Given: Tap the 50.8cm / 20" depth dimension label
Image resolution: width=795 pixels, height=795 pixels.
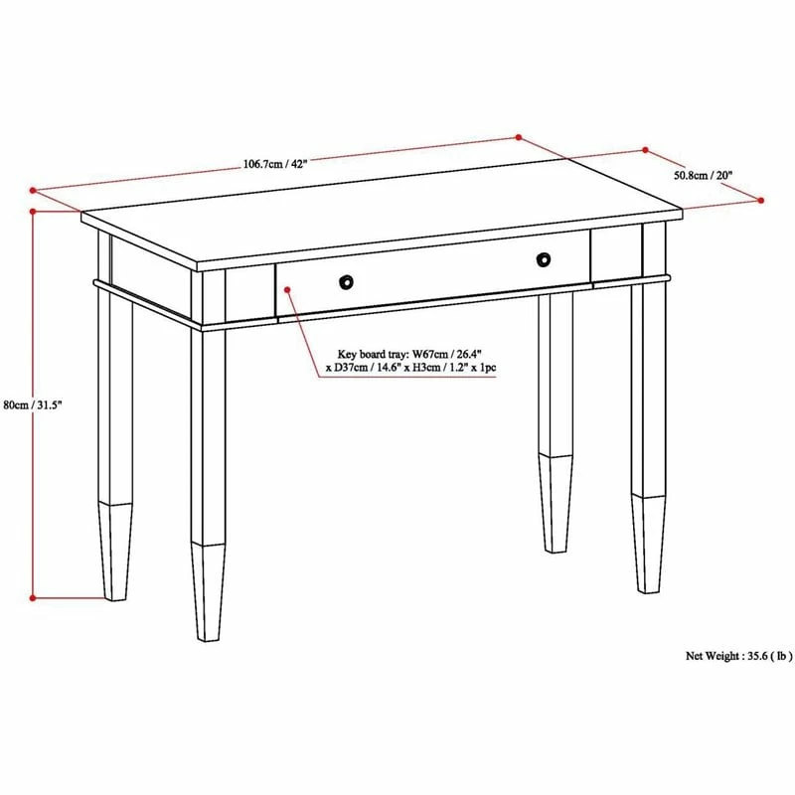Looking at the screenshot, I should pyautogui.click(x=703, y=176).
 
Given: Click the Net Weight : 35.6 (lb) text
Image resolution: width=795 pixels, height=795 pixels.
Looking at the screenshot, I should pyautogui.click(x=738, y=656).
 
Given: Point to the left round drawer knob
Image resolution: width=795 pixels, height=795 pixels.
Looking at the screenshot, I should pyautogui.click(x=345, y=281).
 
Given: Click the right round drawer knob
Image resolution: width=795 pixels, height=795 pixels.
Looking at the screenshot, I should pyautogui.click(x=543, y=260).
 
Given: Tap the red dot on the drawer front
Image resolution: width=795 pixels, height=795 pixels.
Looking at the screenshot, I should pyautogui.click(x=286, y=290).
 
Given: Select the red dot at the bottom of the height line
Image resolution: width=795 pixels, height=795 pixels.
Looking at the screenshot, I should pyautogui.click(x=33, y=598).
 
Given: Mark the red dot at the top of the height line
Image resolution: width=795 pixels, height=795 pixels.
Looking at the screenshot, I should pyautogui.click(x=33, y=212).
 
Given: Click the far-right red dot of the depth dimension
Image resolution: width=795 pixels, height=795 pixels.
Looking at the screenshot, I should pyautogui.click(x=761, y=201).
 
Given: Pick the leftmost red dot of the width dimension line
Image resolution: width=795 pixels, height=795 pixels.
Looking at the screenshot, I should pyautogui.click(x=33, y=189).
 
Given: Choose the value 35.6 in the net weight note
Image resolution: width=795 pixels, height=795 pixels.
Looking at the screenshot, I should pyautogui.click(x=757, y=656).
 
